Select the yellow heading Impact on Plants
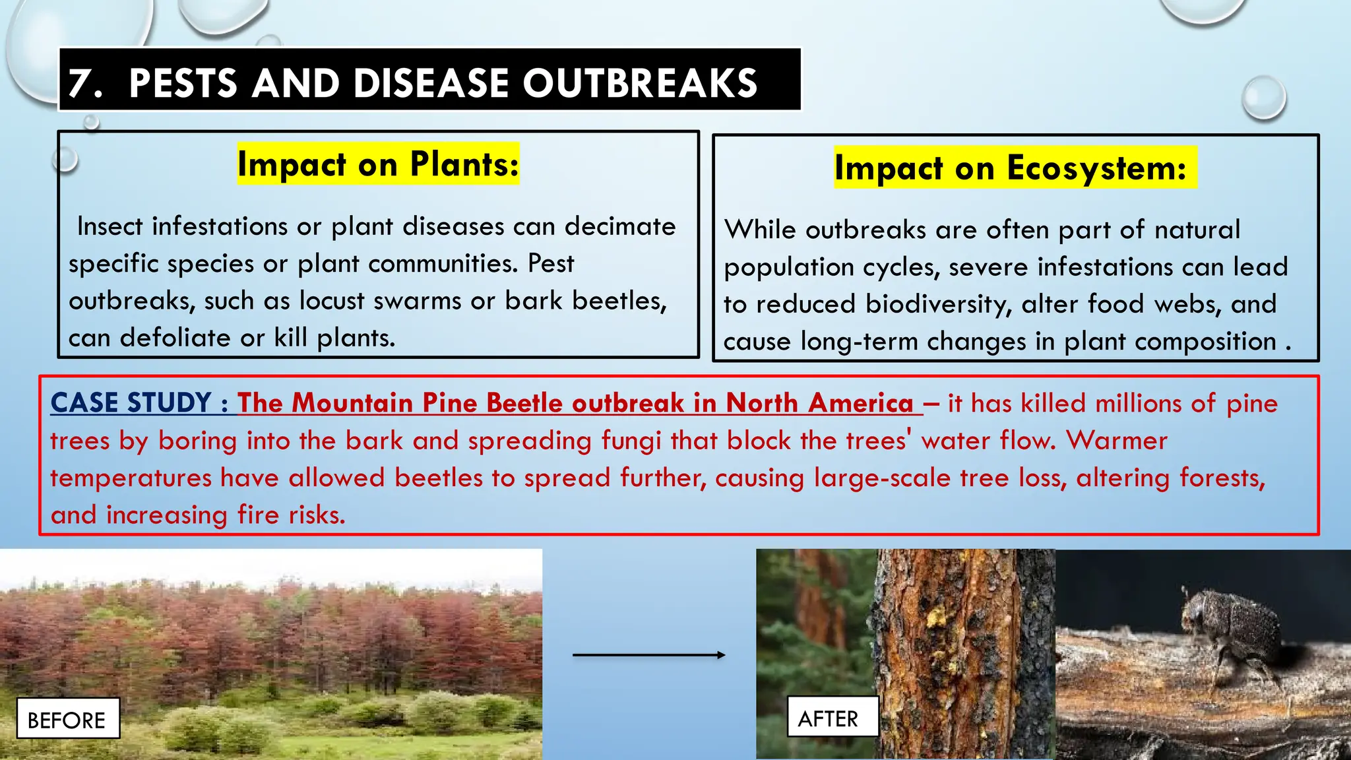coord(378,164)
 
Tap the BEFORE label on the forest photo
coord(67,720)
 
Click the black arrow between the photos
coord(648,655)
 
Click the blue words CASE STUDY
coord(131,403)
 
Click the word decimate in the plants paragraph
coord(620,226)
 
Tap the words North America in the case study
coord(819,403)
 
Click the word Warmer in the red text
coord(1117,441)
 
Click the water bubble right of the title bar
coord(1263,98)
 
